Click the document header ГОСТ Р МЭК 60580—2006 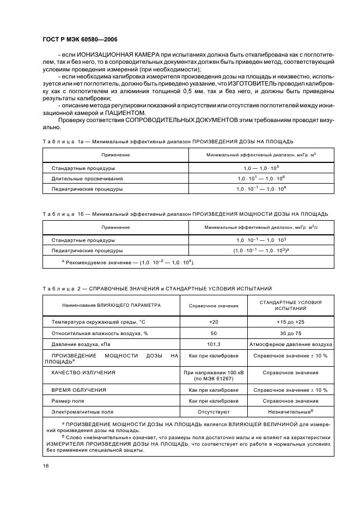80,40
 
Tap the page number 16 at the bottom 46,466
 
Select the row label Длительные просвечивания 87,179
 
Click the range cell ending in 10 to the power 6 261,179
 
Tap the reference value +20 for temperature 213,321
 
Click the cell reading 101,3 213,344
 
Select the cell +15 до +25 290,321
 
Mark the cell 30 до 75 290,333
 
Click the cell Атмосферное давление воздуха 290,344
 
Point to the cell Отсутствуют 213,411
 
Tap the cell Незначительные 290,411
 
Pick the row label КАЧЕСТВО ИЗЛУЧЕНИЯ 83,373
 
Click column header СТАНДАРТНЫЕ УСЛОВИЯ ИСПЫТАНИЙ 290,305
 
